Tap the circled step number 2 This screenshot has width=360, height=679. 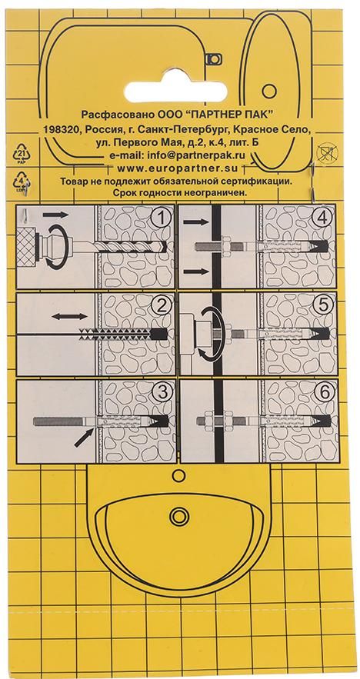coord(160,308)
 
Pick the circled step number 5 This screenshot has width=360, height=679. coord(324,308)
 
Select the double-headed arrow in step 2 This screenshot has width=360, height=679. coord(67,315)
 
